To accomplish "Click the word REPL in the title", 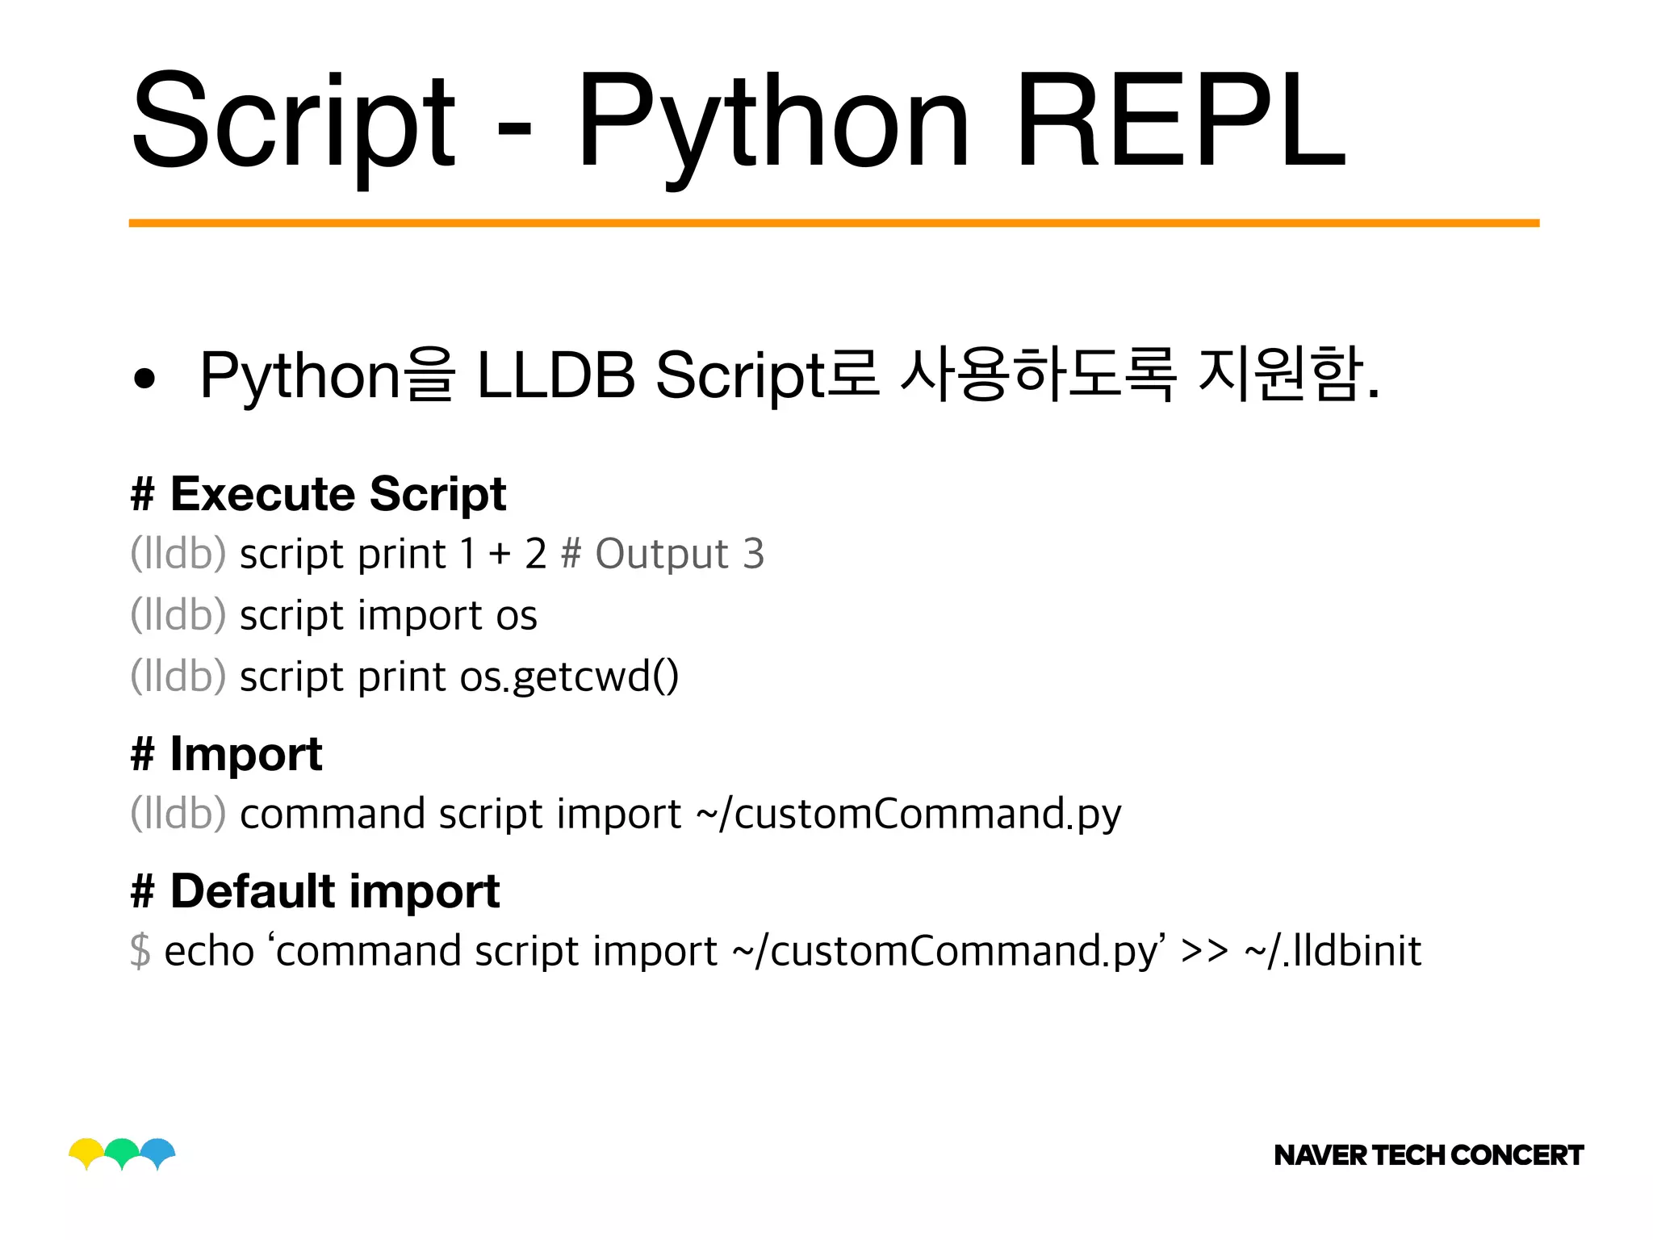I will point(1180,121).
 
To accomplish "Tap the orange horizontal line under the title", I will point(834,223).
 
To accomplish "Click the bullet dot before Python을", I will point(144,378).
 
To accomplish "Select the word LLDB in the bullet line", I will point(556,375).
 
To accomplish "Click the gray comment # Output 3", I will point(662,554).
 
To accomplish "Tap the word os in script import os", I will point(517,616).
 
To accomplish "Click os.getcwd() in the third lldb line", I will point(569,677).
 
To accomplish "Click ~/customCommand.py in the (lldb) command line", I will point(908,814).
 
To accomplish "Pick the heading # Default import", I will point(315,891).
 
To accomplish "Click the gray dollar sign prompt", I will point(140,950).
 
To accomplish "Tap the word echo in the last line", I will point(209,950).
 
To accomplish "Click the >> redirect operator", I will point(1204,951).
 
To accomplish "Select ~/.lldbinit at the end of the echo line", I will point(1333,950).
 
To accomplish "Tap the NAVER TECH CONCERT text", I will point(1428,1155).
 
